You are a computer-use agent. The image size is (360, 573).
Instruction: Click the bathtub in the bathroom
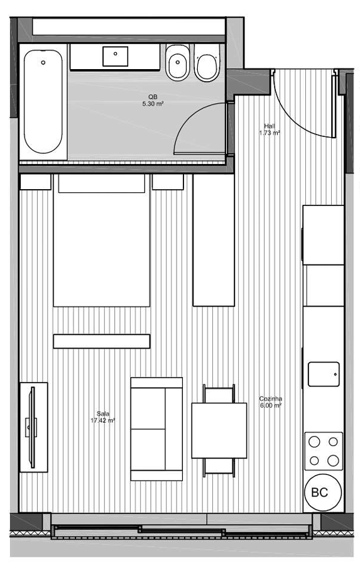43,102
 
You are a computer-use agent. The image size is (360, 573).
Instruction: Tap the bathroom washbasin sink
115,57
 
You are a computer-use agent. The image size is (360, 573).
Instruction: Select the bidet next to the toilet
178,62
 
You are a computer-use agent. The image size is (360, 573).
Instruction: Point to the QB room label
153,97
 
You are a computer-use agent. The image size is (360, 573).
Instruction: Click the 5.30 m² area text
153,104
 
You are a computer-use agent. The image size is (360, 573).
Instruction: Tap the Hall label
270,126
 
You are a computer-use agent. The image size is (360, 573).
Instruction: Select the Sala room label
103,413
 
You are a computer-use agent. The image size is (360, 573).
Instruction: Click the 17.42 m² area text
103,420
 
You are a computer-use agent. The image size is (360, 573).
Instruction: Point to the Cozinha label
270,399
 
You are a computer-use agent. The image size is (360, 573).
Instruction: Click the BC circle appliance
323,493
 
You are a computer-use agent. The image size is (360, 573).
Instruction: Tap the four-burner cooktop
324,451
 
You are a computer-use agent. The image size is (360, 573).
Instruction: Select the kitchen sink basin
324,374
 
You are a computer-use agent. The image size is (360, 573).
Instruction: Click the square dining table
219,430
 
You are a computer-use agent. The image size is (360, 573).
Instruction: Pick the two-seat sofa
156,429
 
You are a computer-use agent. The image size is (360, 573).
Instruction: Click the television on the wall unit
32,427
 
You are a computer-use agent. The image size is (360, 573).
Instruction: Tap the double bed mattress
102,241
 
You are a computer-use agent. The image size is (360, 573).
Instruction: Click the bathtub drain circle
43,62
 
